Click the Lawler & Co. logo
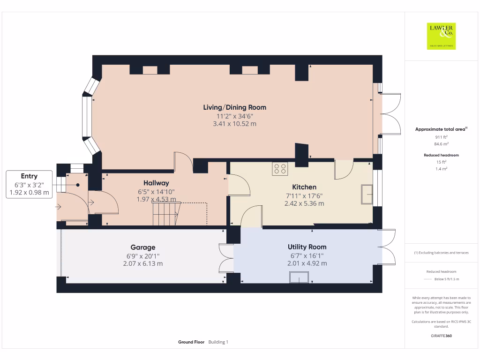(441, 36)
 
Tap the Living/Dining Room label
(235, 107)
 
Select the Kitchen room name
(304, 187)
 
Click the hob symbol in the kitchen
(280, 169)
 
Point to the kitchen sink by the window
(367, 194)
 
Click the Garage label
(143, 247)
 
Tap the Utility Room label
(307, 247)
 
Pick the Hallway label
(156, 183)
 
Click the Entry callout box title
(29, 176)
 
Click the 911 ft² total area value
(441, 137)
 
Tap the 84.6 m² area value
(441, 144)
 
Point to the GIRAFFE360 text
(441, 336)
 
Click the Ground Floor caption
(191, 342)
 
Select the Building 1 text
(218, 342)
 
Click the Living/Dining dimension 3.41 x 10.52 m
(235, 124)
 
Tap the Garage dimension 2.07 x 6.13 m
(143, 263)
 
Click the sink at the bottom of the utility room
(299, 277)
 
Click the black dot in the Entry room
(78, 185)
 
